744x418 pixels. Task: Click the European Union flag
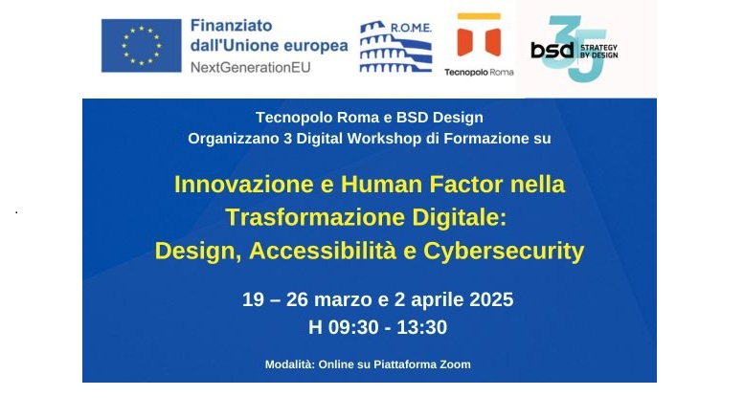[142, 46]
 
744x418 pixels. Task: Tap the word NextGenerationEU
[251, 67]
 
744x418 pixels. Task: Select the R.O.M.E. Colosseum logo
[395, 47]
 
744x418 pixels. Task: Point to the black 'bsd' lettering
[552, 50]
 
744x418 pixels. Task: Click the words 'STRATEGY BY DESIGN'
[598, 52]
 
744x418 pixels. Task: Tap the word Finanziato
[231, 25]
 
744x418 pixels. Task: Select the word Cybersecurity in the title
[504, 252]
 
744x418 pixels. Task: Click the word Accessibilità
[323, 251]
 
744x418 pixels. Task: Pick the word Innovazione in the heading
[244, 184]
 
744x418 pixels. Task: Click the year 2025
[491, 299]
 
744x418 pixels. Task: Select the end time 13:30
[422, 327]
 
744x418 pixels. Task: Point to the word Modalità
[290, 364]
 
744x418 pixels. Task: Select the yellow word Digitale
[459, 218]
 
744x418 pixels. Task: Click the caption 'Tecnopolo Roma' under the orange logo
[479, 72]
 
